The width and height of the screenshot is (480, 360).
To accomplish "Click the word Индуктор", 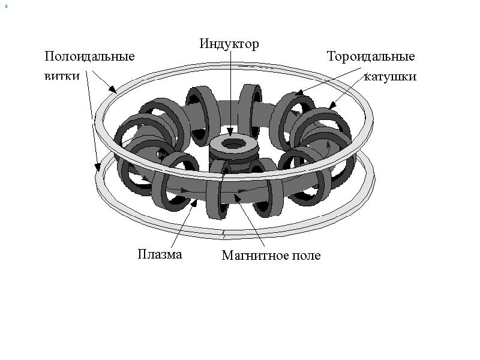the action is (x=229, y=44).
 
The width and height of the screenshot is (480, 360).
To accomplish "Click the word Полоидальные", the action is (x=89, y=56).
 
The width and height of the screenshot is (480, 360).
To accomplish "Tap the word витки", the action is (x=62, y=76).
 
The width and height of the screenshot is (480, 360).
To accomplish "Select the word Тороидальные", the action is (x=371, y=56).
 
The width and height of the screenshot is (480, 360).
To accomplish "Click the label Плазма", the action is (x=160, y=254).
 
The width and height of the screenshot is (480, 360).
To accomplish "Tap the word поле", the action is (x=306, y=256).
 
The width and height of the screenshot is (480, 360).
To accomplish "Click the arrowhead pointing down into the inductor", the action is (x=230, y=132).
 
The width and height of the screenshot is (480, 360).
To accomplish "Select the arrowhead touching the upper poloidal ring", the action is (x=113, y=89).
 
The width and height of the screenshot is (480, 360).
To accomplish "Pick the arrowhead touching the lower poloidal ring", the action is (x=97, y=167).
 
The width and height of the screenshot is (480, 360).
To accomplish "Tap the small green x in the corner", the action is (x=6, y=6).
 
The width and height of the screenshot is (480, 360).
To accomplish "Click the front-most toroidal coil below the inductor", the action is (x=218, y=192).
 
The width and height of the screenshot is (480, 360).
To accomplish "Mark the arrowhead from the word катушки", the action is (x=332, y=105).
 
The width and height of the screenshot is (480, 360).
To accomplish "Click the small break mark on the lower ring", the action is (x=224, y=235).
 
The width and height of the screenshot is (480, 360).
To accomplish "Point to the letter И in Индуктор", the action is (x=204, y=44).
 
